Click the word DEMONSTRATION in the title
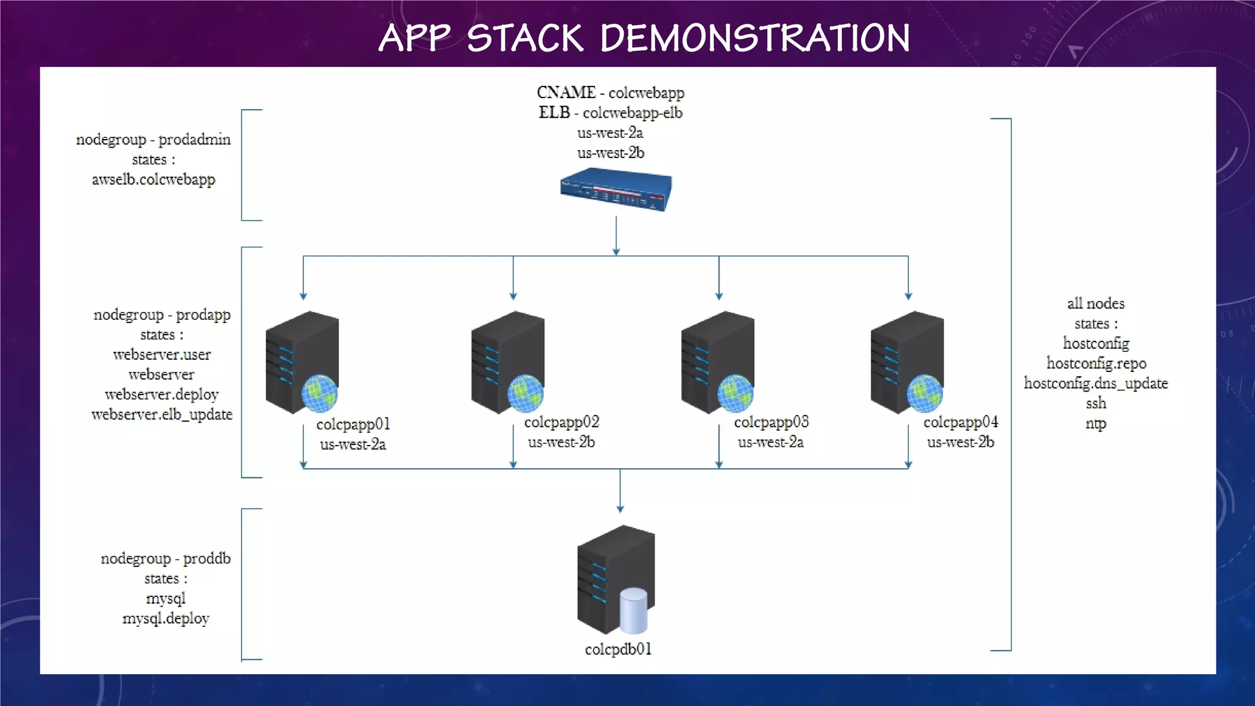[x=755, y=38]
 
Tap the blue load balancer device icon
[x=616, y=190]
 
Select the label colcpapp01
[x=353, y=424]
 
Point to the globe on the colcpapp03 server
[x=735, y=393]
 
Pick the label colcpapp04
[x=960, y=422]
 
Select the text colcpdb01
[x=618, y=649]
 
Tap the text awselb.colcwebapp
[x=153, y=180]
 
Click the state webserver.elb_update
[x=162, y=415]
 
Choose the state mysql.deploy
[x=165, y=618]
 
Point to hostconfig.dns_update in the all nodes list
[x=1096, y=384]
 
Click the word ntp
[x=1096, y=423]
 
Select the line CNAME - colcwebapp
[x=610, y=93]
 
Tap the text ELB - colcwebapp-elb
[x=610, y=113]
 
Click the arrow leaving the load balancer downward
[x=616, y=236]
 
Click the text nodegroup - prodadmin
[x=153, y=140]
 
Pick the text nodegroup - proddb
[x=165, y=559]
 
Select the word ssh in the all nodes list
[x=1096, y=403]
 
